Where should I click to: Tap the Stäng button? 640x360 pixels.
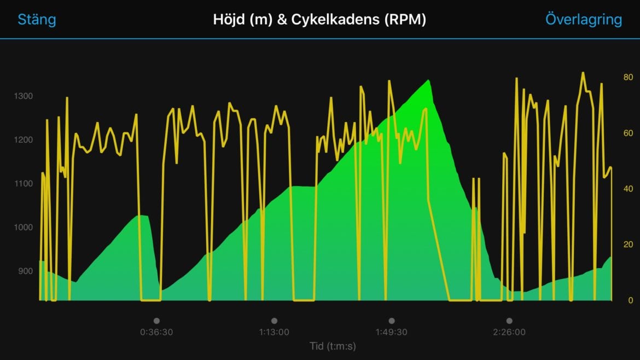tap(37, 20)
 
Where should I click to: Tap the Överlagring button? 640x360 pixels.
tap(583, 20)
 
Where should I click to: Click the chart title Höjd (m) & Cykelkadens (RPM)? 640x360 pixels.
tap(319, 20)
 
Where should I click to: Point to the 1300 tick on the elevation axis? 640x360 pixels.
tap(24, 96)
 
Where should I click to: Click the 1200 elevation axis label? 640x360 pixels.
tap(24, 140)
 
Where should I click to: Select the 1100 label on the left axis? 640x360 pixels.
tap(24, 184)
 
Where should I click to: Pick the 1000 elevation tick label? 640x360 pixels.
tap(24, 228)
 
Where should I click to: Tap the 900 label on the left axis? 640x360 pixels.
tap(25, 271)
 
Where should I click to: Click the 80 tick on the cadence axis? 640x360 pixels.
tap(628, 78)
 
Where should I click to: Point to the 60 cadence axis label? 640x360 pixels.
tap(628, 133)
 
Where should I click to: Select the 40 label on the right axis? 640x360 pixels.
tap(628, 189)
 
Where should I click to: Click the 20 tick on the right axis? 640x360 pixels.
tap(628, 245)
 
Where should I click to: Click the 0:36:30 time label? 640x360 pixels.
tap(156, 332)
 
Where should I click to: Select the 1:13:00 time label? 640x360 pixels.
tap(274, 332)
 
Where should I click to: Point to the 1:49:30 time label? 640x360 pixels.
tap(392, 332)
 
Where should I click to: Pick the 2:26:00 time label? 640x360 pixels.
tap(509, 332)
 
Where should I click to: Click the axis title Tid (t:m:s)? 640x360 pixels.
tap(333, 346)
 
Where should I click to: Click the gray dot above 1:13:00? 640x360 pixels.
tap(274, 321)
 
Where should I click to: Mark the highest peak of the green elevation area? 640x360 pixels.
tap(428, 80)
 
